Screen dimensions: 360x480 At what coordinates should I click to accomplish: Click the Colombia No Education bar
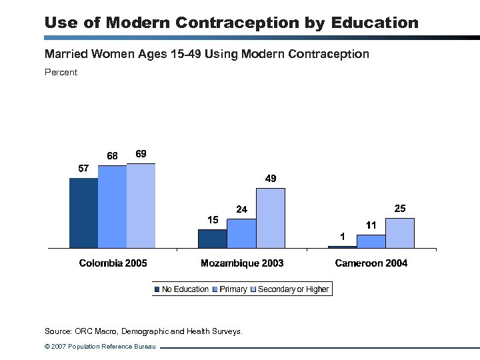[x=83, y=213]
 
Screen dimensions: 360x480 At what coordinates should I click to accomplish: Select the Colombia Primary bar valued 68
[x=112, y=207]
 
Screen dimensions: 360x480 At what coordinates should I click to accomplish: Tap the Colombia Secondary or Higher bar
[x=141, y=205]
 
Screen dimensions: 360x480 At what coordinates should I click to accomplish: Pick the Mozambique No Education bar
[x=213, y=239]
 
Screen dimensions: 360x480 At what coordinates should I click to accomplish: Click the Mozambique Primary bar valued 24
[x=241, y=233]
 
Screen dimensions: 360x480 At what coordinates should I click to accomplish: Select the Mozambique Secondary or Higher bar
[x=270, y=218]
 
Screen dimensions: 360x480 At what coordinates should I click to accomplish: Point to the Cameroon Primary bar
[x=371, y=241]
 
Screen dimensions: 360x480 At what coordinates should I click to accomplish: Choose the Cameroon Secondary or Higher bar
[x=399, y=233]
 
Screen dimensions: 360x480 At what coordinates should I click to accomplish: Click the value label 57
[x=83, y=169]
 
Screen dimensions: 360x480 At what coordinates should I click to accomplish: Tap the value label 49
[x=271, y=179]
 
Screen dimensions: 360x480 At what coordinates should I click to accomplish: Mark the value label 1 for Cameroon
[x=342, y=237]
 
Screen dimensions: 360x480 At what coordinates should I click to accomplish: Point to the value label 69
[x=141, y=154]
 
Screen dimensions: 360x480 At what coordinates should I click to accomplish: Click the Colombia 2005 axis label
[x=113, y=263]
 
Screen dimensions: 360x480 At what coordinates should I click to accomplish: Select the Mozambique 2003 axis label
[x=242, y=263]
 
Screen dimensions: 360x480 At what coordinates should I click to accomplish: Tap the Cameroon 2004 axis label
[x=371, y=263]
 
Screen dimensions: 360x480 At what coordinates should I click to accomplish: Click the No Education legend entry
[x=181, y=289]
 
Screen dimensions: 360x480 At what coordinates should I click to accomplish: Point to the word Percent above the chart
[x=61, y=72]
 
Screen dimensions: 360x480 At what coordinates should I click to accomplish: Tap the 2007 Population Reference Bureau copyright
[x=99, y=347]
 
